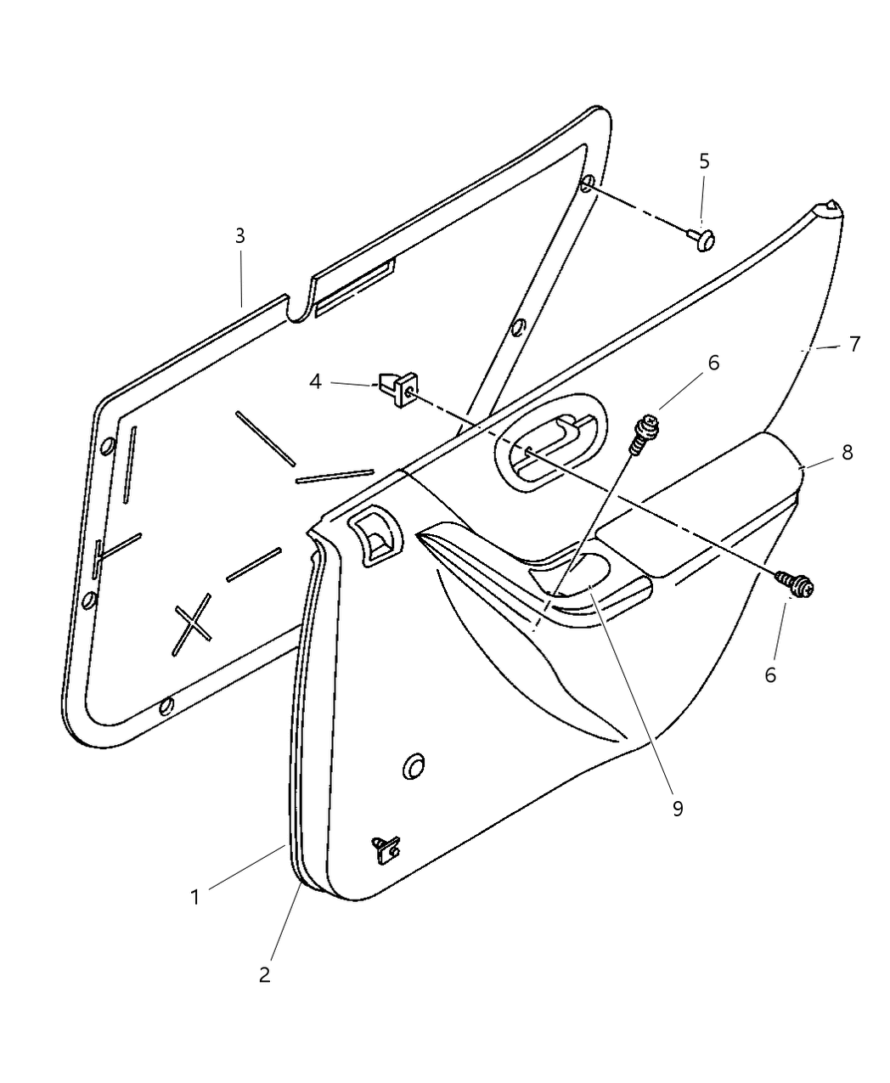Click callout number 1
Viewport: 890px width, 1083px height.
coord(194,897)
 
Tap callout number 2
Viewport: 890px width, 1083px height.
coord(264,974)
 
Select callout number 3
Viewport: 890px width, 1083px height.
coord(239,235)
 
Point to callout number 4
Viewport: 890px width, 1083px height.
coord(315,381)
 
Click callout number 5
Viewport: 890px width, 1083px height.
coord(704,161)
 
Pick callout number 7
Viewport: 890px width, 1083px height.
coord(854,344)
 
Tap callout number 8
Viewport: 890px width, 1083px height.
coord(847,453)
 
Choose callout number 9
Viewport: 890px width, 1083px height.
coord(678,809)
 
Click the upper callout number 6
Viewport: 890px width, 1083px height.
coord(713,363)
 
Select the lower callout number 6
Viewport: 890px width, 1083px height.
coord(769,674)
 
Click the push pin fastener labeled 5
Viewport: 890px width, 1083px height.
coord(701,239)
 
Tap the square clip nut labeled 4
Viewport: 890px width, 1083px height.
coord(398,389)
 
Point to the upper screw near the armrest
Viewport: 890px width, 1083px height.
coord(645,434)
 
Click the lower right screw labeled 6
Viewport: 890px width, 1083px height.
coord(795,584)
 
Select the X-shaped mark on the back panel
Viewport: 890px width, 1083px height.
coord(192,624)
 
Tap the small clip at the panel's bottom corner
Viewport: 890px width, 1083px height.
coord(386,850)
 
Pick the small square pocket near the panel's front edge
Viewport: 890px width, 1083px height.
coord(375,535)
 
